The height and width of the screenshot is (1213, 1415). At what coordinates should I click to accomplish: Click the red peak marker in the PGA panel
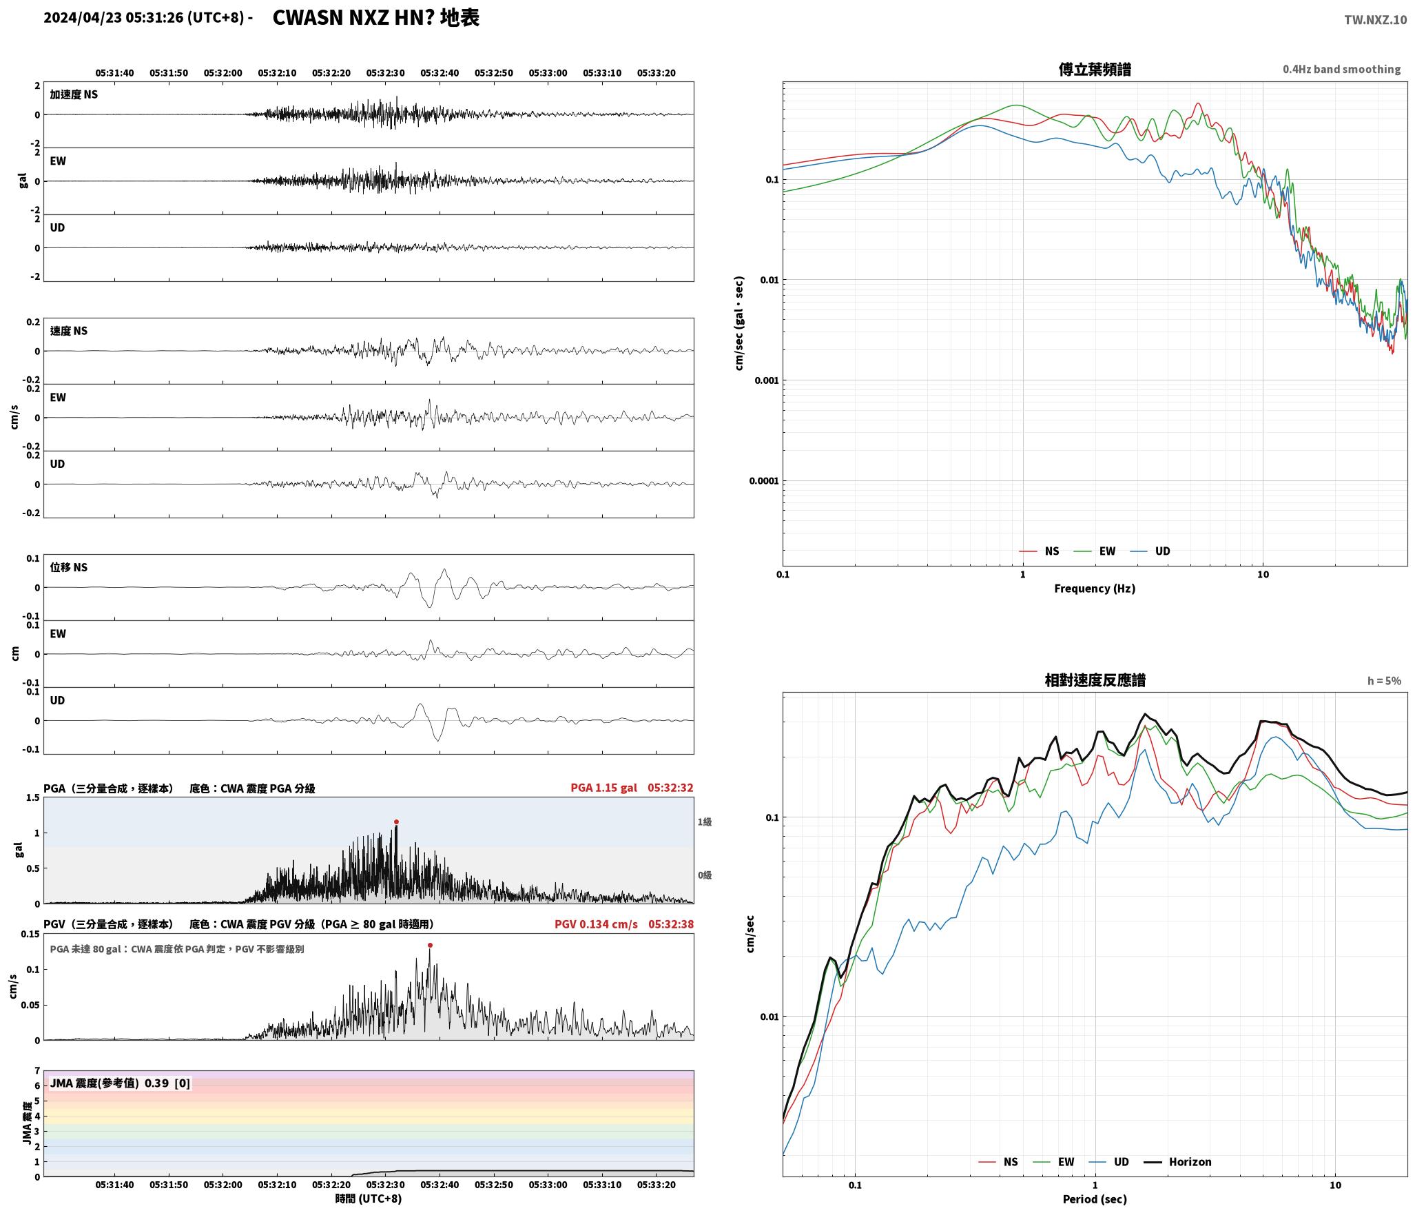click(x=396, y=822)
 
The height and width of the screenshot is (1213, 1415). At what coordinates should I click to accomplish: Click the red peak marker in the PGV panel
click(x=430, y=946)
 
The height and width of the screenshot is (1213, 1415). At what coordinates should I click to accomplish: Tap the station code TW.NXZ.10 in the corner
click(x=1375, y=20)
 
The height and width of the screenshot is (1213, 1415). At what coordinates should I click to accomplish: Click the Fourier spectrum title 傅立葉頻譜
click(x=1095, y=70)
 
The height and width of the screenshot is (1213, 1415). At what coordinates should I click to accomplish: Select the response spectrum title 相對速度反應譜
click(x=1095, y=680)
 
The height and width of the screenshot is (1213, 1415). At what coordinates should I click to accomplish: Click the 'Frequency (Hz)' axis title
click(x=1095, y=588)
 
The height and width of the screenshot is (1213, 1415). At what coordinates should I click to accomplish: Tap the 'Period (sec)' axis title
click(x=1095, y=1199)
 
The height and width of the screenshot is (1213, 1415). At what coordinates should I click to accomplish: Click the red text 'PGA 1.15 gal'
click(x=603, y=788)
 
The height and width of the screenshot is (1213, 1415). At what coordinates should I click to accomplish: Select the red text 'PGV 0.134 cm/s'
click(x=596, y=924)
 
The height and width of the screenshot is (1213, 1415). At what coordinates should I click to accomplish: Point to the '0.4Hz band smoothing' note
click(x=1341, y=70)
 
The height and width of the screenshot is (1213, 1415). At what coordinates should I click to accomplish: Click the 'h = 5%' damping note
click(x=1384, y=681)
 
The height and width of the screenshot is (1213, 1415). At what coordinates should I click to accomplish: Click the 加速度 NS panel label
click(x=74, y=94)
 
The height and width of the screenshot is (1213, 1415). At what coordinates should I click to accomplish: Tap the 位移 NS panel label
click(x=69, y=567)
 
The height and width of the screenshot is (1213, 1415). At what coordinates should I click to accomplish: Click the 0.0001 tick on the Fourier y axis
click(x=763, y=481)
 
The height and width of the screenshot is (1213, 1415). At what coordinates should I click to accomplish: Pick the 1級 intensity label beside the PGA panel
click(x=704, y=822)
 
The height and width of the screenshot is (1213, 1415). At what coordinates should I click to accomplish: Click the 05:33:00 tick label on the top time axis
click(x=548, y=73)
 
